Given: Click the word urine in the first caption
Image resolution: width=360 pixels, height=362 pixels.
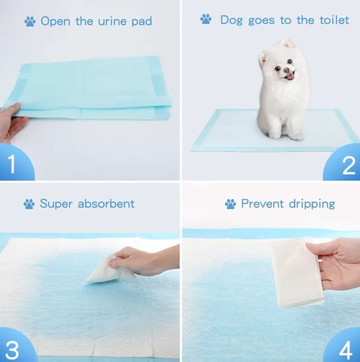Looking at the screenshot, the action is (x=112, y=22).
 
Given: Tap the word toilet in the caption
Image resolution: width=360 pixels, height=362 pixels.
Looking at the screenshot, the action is (x=334, y=20).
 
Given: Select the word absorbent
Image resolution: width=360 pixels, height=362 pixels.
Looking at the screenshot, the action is (x=106, y=203).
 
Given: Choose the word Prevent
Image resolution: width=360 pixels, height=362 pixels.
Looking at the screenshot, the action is (x=262, y=203).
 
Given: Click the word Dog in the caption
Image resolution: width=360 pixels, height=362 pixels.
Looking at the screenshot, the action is (x=231, y=20).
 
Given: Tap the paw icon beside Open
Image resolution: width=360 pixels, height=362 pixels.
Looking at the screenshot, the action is (x=30, y=22).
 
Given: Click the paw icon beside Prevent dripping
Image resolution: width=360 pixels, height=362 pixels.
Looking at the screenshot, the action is (x=231, y=204).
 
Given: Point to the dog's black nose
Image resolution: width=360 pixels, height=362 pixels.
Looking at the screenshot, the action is (x=287, y=70).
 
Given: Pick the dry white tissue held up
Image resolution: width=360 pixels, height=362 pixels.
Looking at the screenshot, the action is (x=297, y=272).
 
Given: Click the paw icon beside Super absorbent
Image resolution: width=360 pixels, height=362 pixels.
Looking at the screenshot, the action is (x=29, y=204).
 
